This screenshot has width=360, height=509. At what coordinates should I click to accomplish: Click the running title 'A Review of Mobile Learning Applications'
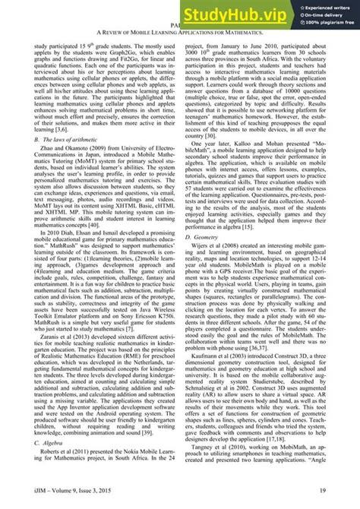click(x=179, y=33)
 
